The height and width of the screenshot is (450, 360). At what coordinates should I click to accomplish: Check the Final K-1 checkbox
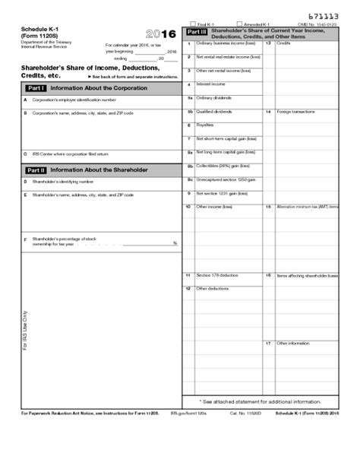point(193,24)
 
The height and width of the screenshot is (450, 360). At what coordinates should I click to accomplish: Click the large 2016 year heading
point(159,35)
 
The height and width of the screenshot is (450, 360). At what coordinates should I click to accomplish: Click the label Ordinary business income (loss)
point(226,43)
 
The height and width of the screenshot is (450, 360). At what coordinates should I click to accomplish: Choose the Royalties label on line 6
point(205,125)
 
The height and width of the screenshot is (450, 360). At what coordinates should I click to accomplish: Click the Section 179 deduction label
point(217,274)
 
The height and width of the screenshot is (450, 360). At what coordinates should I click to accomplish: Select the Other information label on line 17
point(293,344)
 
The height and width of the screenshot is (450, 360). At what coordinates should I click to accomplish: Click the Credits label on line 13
point(283,43)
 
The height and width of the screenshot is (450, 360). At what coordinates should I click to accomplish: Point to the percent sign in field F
point(175,243)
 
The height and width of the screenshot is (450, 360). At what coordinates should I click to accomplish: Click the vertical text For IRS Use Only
point(25,329)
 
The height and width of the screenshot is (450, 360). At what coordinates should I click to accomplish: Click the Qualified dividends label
point(213,111)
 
